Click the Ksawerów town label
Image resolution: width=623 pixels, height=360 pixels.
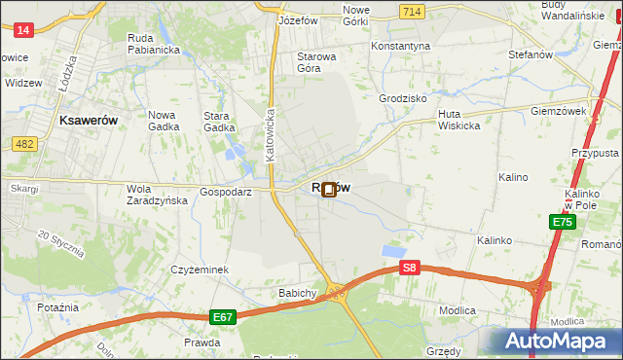point(89,120)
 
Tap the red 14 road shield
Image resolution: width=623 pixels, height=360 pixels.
point(24,30)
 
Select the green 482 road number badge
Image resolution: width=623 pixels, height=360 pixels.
point(24,144)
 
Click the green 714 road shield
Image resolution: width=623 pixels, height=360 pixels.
point(411,10)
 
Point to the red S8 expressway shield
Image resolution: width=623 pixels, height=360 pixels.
point(411,268)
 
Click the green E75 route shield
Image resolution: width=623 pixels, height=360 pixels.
point(562,223)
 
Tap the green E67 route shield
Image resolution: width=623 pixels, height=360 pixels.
point(223,316)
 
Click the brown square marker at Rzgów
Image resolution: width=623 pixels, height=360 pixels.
point(329,190)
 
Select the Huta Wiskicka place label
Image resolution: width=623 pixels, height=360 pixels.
point(458,119)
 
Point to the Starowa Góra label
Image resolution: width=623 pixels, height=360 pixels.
point(316,62)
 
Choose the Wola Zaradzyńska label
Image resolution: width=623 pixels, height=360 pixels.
point(156,195)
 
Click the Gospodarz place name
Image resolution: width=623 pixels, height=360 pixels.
point(226,193)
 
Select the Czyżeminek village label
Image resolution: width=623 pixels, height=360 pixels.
point(199,270)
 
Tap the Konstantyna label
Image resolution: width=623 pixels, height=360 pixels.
point(401,46)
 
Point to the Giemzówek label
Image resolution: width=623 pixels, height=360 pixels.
point(558,111)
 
